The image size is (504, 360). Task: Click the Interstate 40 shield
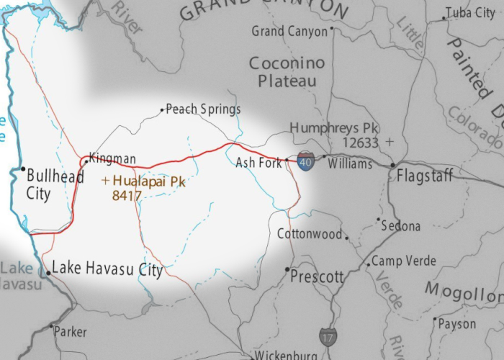306,161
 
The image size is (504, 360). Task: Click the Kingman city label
112,158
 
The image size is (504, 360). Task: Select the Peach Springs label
203,109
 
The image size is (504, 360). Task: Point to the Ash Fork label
258,163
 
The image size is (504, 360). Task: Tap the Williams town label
350,163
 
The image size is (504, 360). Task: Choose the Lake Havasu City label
107,269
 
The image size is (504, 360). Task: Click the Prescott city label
318,276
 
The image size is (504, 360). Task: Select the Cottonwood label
310,234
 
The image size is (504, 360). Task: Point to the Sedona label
401,226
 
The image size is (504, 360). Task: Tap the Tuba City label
471,13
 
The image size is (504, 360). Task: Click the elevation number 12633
360,143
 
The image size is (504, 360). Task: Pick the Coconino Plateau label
287,72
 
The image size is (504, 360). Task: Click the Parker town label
70,332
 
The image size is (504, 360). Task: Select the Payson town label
457,324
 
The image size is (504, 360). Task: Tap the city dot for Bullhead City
22,171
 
